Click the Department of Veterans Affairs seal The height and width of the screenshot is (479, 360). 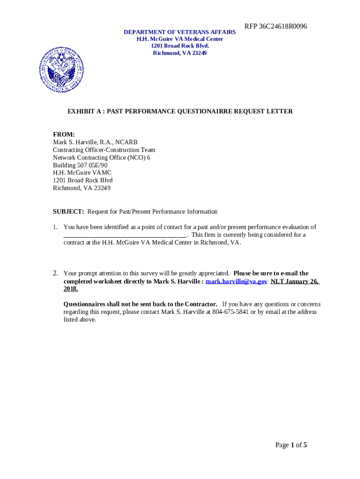62,70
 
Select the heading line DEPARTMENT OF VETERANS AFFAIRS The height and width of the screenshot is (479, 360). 180,32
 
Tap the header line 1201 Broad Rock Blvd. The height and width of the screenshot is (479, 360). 180,46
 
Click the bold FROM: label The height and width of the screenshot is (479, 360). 64,135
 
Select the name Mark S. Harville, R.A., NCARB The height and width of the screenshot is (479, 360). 95,142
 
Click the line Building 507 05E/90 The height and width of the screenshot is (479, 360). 80,165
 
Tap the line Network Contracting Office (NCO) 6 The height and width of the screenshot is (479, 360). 101,158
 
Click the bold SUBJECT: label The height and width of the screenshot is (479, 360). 68,211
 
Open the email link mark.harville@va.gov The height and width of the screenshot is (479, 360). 237,281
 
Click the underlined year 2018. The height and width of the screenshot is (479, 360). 71,289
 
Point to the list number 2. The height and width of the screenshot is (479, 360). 55,273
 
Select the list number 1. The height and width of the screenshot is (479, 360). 55,227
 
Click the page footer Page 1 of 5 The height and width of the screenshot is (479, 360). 291,445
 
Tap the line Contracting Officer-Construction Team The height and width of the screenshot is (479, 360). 104,150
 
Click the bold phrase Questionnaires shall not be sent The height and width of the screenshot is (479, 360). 140,304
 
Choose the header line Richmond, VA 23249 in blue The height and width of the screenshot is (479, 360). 180,53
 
